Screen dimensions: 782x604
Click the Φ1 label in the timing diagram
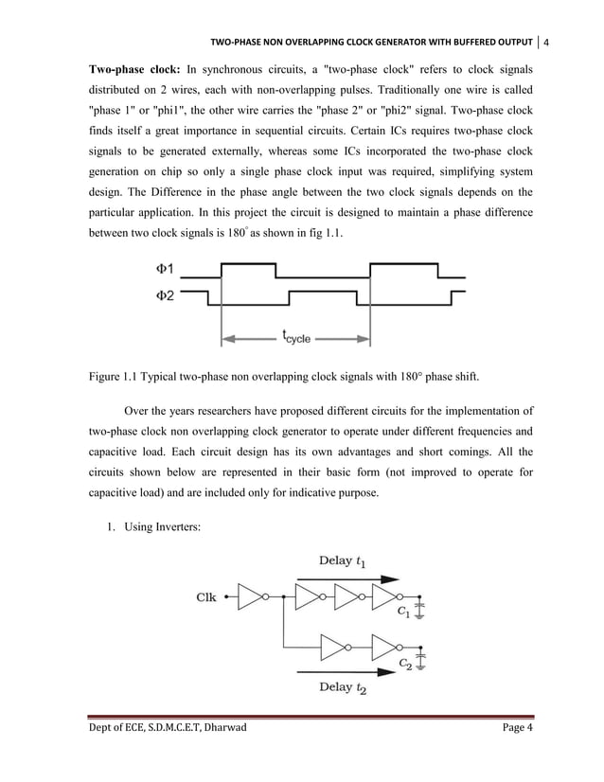pos(163,269)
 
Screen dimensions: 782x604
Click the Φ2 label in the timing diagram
pos(163,296)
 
